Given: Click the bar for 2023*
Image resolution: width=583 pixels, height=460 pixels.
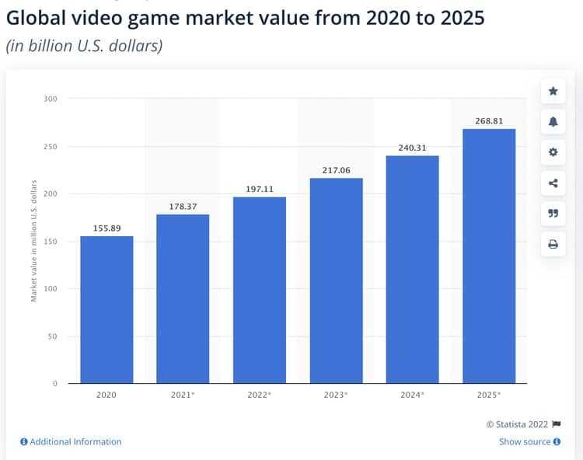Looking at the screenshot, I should coord(336,281).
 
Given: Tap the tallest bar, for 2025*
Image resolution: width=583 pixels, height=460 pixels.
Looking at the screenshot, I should coord(488,256).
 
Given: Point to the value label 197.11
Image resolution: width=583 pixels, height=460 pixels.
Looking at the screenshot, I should coord(260,189).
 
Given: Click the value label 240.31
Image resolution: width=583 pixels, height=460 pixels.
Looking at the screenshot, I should coord(412,148).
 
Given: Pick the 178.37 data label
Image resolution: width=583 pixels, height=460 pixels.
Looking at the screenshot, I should coord(183,206).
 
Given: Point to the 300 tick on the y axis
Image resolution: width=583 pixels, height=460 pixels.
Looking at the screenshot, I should coord(50,99).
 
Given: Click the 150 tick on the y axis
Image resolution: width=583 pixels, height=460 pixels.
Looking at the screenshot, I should coord(50,242).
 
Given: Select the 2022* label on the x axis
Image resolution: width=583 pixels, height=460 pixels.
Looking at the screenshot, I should coord(260,395).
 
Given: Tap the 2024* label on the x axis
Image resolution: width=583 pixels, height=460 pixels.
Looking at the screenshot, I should coord(412,395).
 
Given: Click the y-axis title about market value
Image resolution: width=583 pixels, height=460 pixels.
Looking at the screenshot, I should coord(34,241).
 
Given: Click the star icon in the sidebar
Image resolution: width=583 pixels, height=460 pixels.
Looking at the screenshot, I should coord(553,91).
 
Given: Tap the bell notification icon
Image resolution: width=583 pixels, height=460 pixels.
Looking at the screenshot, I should coord(553,122).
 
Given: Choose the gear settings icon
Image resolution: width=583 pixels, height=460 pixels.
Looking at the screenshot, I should coord(553,152).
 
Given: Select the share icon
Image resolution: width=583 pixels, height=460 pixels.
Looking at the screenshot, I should coord(553,183).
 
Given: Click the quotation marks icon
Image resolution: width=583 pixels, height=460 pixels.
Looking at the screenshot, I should coord(553,214).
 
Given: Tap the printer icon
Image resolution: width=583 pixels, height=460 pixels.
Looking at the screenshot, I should coord(553,244).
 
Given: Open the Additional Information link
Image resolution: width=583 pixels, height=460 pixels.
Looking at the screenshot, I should coord(71,441).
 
